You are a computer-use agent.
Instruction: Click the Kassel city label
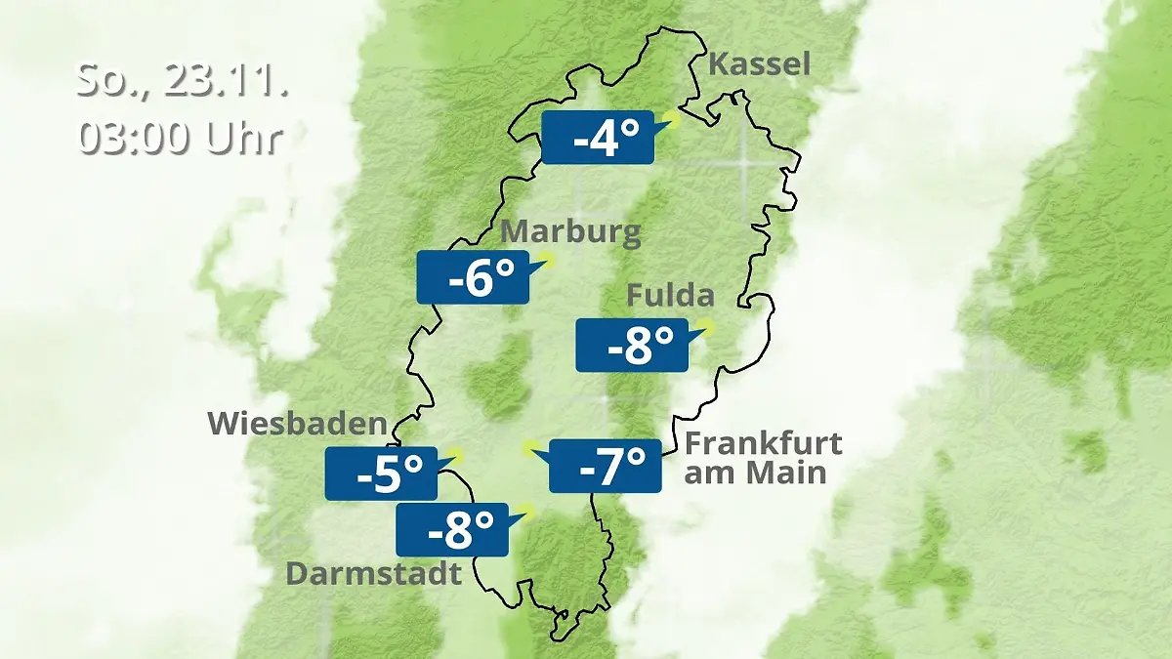(x=759, y=65)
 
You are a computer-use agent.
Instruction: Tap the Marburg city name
(x=570, y=233)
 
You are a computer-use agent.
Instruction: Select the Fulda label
(x=670, y=295)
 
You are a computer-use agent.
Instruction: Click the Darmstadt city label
(x=373, y=573)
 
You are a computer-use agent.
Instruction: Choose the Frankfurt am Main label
(x=762, y=458)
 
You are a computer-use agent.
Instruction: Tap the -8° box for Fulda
(x=631, y=345)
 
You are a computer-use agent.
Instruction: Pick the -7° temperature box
(x=606, y=466)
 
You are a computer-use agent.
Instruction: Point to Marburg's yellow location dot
(x=547, y=260)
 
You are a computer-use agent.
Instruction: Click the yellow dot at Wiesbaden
(x=456, y=455)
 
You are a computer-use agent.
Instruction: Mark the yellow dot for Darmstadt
(x=527, y=510)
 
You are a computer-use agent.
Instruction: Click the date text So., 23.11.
(x=183, y=80)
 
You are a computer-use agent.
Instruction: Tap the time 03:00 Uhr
(x=181, y=138)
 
